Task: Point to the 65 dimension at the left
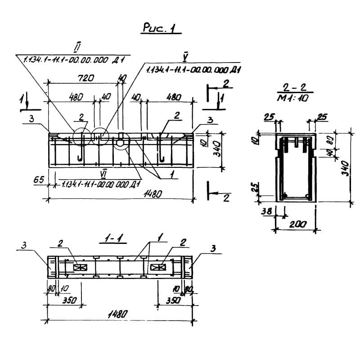coord(38,180)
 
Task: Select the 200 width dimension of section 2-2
coord(295,224)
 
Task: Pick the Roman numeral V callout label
coord(185,56)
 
